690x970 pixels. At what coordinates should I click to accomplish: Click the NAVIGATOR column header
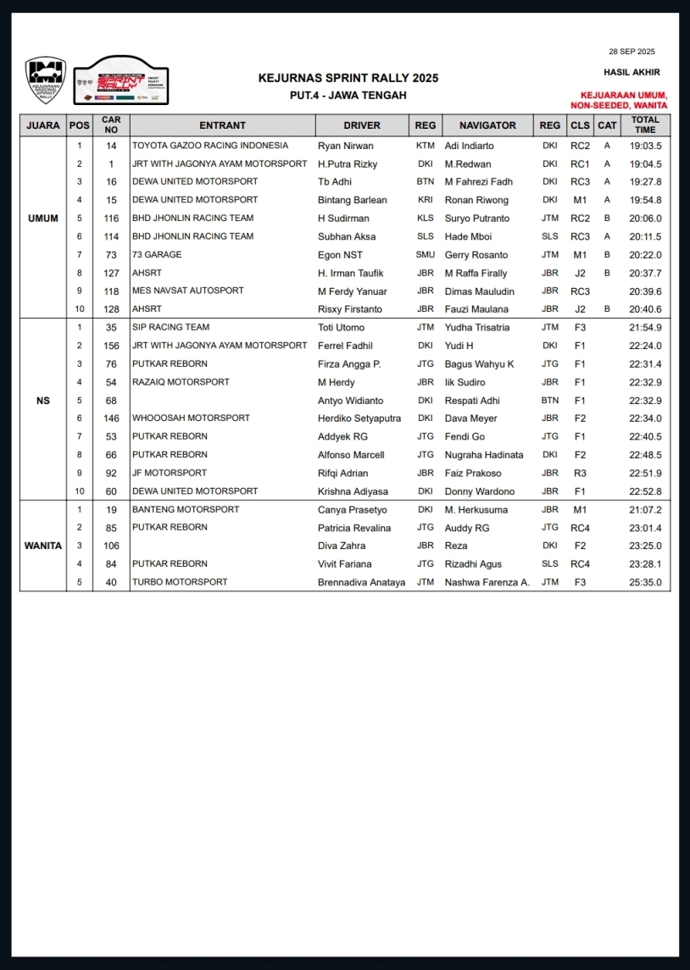pyautogui.click(x=487, y=125)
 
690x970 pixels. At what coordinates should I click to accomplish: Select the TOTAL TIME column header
pyautogui.click(x=645, y=125)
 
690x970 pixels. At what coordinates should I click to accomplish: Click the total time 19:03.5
pyautogui.click(x=645, y=146)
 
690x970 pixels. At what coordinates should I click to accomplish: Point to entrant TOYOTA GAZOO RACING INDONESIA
pyautogui.click(x=210, y=146)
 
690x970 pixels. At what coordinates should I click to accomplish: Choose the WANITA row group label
pyautogui.click(x=43, y=546)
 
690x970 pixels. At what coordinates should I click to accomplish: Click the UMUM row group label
pyautogui.click(x=43, y=219)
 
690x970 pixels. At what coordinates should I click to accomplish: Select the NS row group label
pyautogui.click(x=43, y=401)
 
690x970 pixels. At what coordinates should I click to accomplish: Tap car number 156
pyautogui.click(x=111, y=346)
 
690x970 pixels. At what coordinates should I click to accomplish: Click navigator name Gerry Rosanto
pyautogui.click(x=476, y=255)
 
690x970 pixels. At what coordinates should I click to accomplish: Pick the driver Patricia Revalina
pyautogui.click(x=354, y=528)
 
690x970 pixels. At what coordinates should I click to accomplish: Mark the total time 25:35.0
pyautogui.click(x=645, y=582)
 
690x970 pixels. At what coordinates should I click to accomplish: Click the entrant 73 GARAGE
pyautogui.click(x=157, y=255)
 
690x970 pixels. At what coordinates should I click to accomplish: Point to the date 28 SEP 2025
pyautogui.click(x=632, y=52)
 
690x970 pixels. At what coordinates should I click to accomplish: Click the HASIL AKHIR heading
pyautogui.click(x=632, y=73)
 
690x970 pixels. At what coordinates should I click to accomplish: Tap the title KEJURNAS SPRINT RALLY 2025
pyautogui.click(x=348, y=78)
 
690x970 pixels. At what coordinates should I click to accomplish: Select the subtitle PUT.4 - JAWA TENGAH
pyautogui.click(x=348, y=95)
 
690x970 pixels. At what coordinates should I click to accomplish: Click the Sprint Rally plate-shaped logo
pyautogui.click(x=121, y=81)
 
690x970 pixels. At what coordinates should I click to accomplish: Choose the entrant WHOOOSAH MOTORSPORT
pyautogui.click(x=191, y=418)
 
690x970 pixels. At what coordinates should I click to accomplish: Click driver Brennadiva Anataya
pyautogui.click(x=361, y=582)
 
